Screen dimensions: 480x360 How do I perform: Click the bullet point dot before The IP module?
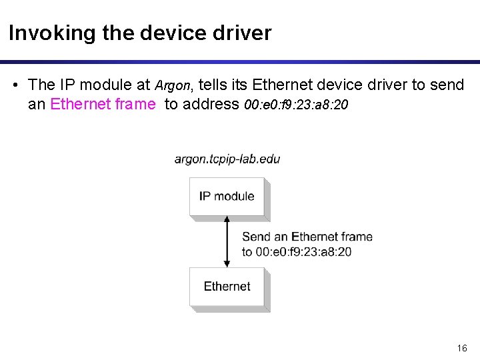coord(15,85)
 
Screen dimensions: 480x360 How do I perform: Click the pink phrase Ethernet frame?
coord(103,104)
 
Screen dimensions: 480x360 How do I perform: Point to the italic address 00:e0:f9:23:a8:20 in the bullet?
coord(296,105)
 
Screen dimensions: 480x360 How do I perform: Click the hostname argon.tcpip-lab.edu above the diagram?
coord(227,159)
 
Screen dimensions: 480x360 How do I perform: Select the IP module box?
coord(227,196)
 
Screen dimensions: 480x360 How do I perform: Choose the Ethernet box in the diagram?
coord(227,287)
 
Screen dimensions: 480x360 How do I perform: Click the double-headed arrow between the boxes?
coord(228,241)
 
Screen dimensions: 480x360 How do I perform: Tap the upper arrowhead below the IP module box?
coord(228,221)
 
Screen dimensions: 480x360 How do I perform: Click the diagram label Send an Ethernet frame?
coord(307,237)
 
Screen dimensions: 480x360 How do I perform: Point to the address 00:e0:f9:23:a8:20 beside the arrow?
coord(297,251)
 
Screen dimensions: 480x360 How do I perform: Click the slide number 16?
coord(462,348)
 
